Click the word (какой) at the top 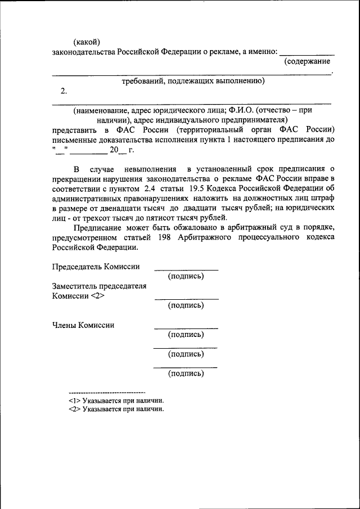[87, 42]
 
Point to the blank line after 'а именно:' [307, 52]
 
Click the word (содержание [307, 61]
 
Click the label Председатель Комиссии [96, 267]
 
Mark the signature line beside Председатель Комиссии [186, 269]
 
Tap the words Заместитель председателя [99, 286]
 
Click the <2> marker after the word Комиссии [97, 296]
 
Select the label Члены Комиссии [83, 325]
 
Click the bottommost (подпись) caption [186, 373]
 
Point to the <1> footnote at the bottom [73, 400]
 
